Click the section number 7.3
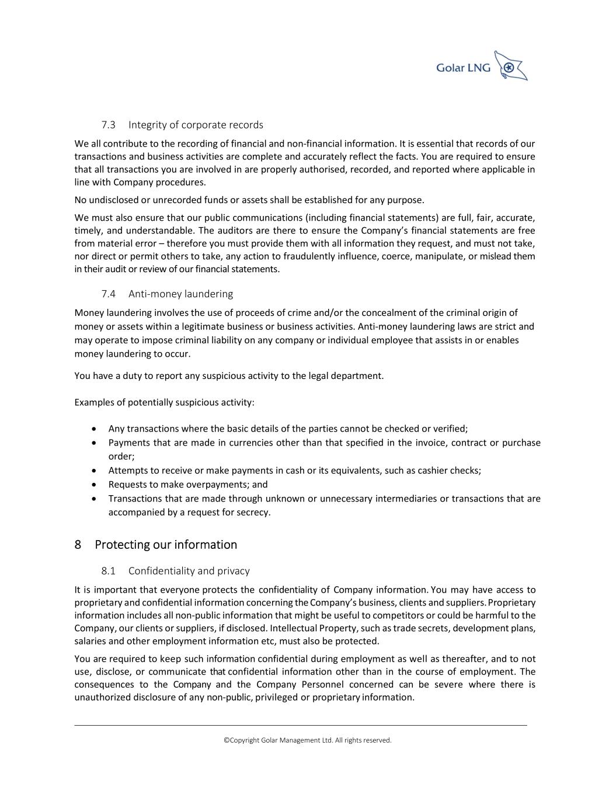pyautogui.click(x=108, y=125)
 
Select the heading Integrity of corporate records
pyautogui.click(x=196, y=125)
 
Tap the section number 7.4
pyautogui.click(x=108, y=294)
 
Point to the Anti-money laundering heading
pyautogui.click(x=180, y=294)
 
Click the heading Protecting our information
pyautogui.click(x=166, y=545)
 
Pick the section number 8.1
pyautogui.click(x=108, y=571)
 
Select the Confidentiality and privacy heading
pyautogui.click(x=189, y=571)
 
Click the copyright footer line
pyautogui.click(x=308, y=740)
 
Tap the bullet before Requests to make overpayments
pyautogui.click(x=95, y=485)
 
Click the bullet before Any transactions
pyautogui.click(x=95, y=429)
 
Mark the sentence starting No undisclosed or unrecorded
pyautogui.click(x=249, y=200)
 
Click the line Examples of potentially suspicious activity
pyautogui.click(x=164, y=403)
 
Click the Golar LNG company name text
pyautogui.click(x=463, y=68)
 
